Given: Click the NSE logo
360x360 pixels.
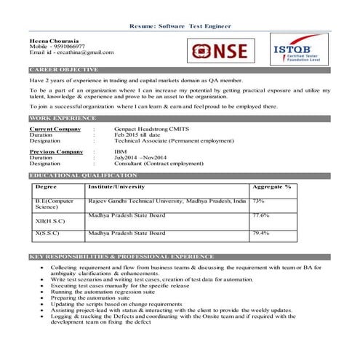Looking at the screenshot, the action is click(x=218, y=51).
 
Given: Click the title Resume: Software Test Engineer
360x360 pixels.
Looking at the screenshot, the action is click(x=180, y=26).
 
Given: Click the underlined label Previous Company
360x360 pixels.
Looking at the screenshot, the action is click(x=56, y=151).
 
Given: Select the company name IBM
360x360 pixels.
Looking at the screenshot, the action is click(x=120, y=151).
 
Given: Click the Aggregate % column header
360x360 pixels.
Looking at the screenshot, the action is click(x=271, y=187).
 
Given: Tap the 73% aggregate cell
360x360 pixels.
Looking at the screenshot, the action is click(x=258, y=201).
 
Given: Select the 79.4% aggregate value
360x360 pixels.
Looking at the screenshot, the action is click(x=261, y=233).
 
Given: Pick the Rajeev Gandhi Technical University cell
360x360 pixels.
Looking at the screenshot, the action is click(x=167, y=201).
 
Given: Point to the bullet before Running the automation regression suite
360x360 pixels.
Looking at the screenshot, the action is click(x=44, y=292).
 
